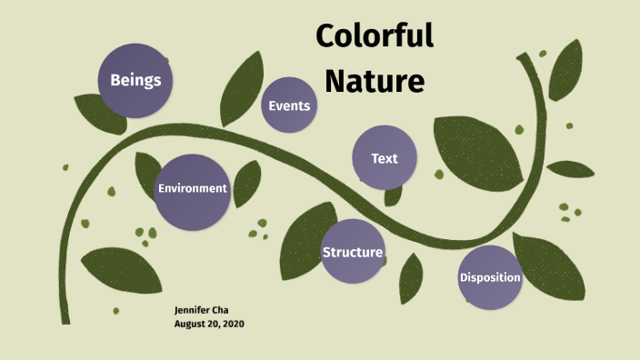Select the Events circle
point(290,106)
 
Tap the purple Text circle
point(385,158)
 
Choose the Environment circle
point(192,192)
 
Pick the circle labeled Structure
point(353,251)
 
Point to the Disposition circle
point(490,277)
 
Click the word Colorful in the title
point(375,37)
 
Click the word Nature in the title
point(375,81)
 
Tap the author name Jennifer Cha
point(202,310)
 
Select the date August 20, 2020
point(209,324)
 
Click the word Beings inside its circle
point(136,80)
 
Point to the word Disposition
point(490,277)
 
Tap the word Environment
point(192,188)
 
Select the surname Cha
point(221,310)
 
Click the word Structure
point(353,252)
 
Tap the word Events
point(290,106)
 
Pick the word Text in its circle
point(385,158)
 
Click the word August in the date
point(188,324)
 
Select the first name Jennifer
point(192,310)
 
